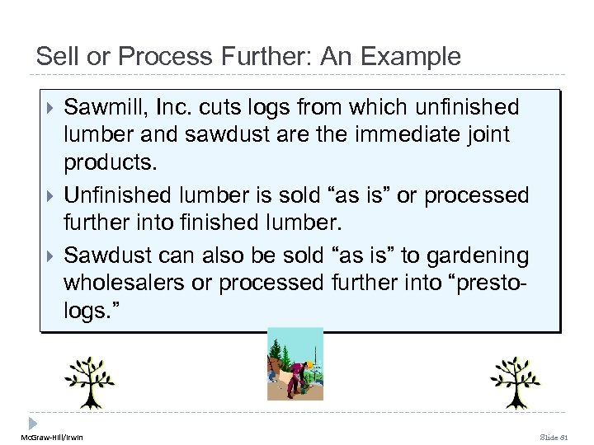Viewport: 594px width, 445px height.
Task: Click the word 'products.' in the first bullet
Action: coord(107,165)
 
